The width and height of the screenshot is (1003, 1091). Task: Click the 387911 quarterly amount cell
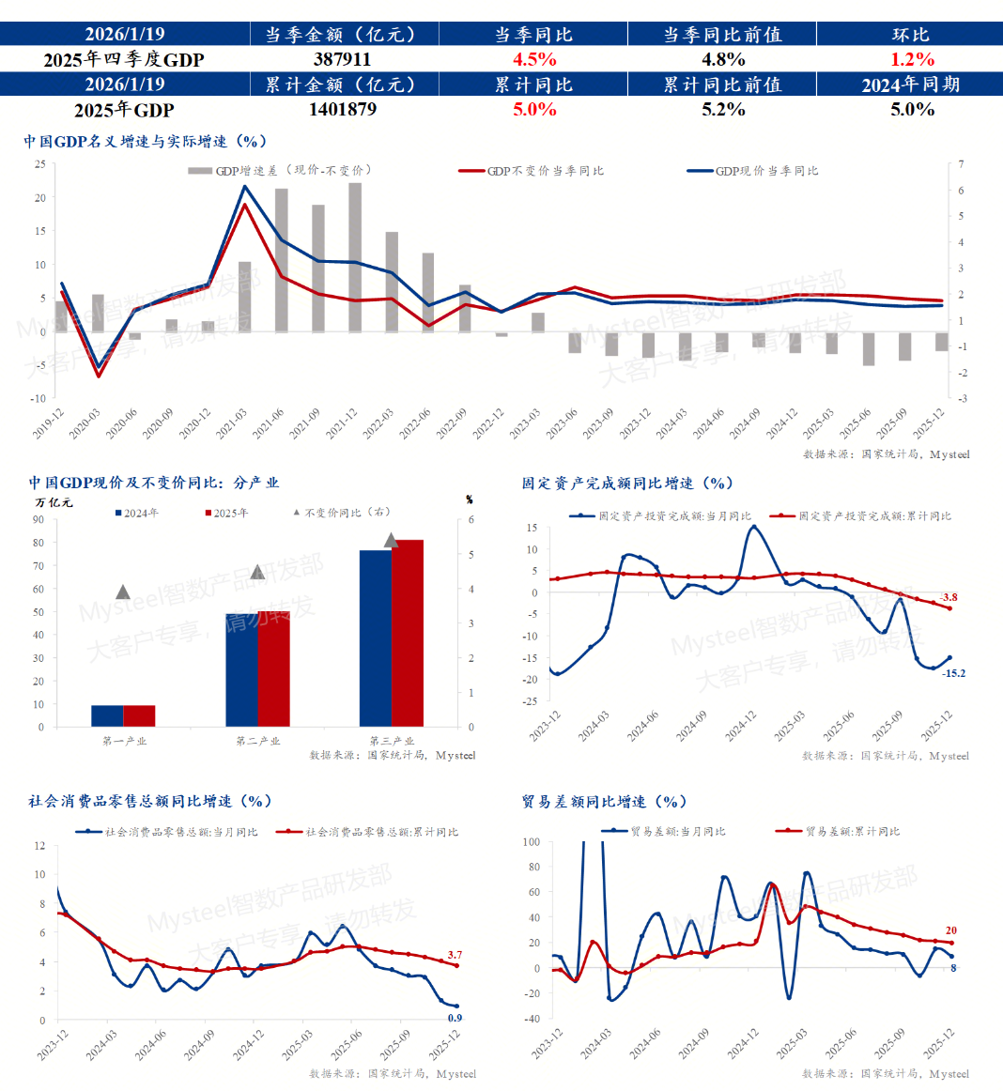(342, 59)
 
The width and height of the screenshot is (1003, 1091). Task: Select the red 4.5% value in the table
(534, 59)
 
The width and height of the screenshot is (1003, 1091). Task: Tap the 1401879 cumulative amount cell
(342, 109)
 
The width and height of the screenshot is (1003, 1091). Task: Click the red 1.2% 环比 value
(912, 59)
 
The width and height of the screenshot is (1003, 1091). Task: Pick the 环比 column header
(910, 35)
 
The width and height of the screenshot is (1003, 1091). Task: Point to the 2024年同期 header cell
(910, 85)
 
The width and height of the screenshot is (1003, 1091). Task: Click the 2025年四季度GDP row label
(124, 59)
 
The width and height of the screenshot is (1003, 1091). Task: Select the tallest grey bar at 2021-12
(355, 256)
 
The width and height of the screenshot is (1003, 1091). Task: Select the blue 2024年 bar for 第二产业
(241, 669)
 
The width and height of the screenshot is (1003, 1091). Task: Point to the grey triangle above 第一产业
(123, 592)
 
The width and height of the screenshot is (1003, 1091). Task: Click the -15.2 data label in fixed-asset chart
(953, 673)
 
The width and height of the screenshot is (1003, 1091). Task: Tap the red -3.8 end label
(949, 597)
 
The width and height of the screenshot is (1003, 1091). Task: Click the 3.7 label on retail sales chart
(455, 955)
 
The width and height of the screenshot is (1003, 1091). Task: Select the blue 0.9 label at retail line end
(455, 1018)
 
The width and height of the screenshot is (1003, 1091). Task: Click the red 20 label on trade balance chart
(950, 930)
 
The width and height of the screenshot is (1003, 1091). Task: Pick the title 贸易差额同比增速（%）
(604, 802)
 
